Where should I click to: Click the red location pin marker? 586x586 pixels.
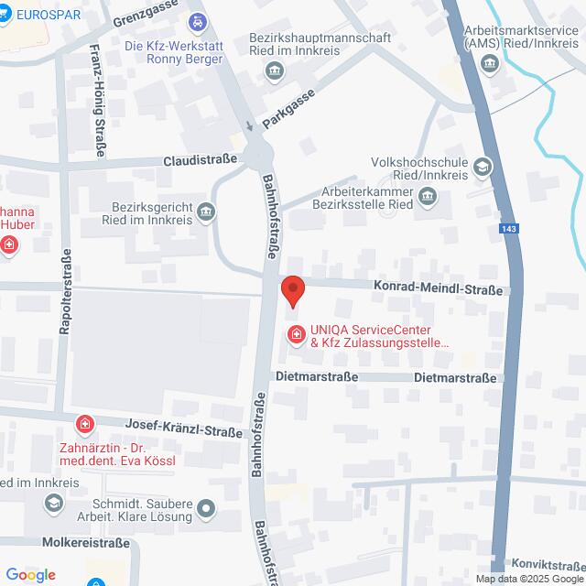pos(293,290)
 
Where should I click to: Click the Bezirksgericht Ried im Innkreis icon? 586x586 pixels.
pos(208,213)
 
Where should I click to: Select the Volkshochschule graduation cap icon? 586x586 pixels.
pos(482,167)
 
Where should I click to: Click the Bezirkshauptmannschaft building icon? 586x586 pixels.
pos(273,71)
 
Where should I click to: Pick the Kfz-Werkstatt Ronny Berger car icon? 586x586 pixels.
pos(197,20)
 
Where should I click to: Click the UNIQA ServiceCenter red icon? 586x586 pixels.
pos(296,335)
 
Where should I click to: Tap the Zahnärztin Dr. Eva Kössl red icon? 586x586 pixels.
pos(85,425)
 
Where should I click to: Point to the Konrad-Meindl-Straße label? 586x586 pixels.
pos(438,289)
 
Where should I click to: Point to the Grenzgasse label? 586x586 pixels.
pos(145,19)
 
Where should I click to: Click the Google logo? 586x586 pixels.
pos(30,575)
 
